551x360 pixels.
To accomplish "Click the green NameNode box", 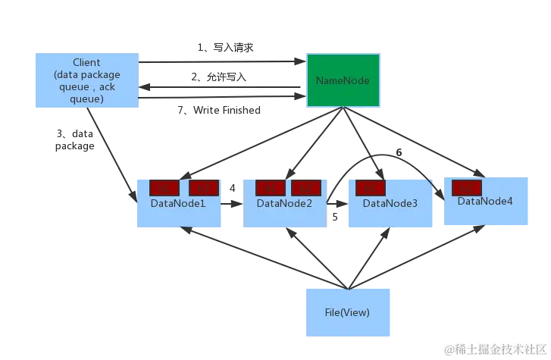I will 342,79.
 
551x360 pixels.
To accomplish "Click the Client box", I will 86,79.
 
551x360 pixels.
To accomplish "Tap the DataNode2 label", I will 284,203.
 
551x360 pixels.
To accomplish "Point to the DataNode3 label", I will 390,203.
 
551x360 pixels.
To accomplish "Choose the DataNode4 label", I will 485,201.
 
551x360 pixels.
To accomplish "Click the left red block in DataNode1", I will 164,187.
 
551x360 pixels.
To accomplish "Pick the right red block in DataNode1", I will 204,187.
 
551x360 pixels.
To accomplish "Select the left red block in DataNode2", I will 271,187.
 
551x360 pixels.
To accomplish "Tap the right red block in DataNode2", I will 306,187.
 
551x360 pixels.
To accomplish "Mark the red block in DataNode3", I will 371,187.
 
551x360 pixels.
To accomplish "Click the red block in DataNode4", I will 467,186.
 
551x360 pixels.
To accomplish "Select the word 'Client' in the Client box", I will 86,62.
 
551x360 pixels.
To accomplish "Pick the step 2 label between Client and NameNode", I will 220,77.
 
